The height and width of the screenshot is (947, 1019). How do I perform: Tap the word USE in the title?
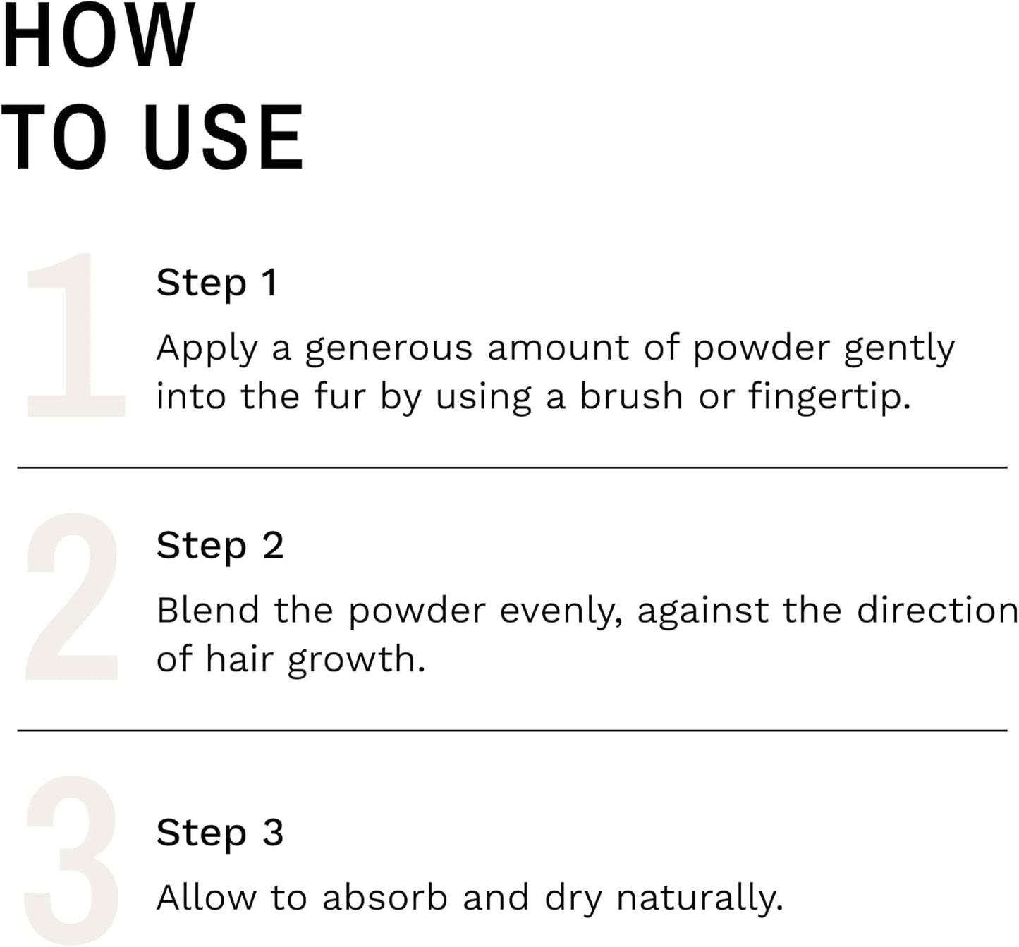coord(224,138)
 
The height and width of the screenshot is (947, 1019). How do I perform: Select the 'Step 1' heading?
coord(217,283)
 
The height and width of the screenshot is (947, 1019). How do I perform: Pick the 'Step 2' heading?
coord(220,546)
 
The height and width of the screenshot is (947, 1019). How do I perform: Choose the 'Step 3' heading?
coord(220,833)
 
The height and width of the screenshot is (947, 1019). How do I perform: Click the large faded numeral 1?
coord(74,335)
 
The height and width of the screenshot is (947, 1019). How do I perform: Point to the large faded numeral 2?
coord(72,598)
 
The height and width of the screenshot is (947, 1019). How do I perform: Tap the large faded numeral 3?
coord(72,860)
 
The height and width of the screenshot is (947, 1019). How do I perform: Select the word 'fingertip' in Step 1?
coord(824,397)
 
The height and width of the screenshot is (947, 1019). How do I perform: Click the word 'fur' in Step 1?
coord(340,397)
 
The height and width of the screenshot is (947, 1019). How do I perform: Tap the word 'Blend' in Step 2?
coord(208,611)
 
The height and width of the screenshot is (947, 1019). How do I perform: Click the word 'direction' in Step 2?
coord(937,611)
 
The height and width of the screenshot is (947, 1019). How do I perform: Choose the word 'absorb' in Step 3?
coord(385,898)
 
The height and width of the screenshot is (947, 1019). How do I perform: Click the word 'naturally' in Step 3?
coord(698,899)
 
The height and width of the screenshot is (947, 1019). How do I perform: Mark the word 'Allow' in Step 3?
coord(207,898)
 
